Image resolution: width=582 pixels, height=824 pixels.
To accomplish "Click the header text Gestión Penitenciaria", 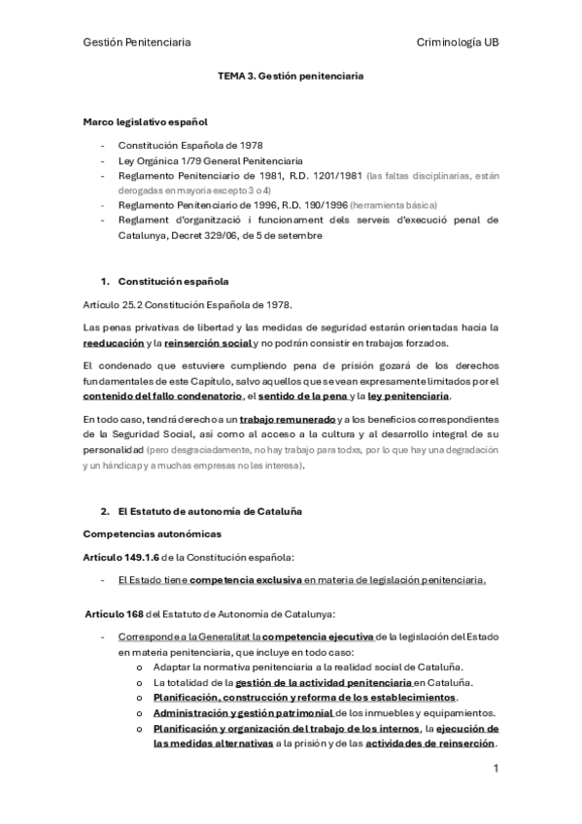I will click(136, 42).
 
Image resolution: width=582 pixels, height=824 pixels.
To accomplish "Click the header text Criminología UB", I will click(457, 42).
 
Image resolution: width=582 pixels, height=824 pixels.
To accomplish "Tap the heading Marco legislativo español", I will click(145, 121).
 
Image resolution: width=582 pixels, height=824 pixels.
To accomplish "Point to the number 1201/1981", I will click(335, 175).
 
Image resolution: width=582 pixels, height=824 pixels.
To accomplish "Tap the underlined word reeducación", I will click(113, 343).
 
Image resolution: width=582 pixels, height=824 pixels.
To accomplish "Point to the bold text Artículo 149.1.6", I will click(124, 557).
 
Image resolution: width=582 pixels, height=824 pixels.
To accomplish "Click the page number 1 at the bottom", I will click(496, 769).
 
